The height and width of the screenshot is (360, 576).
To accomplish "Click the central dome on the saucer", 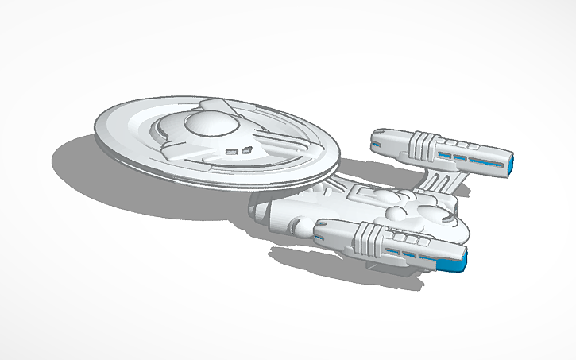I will tap(205, 123).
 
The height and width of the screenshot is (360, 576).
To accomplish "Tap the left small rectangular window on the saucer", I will tap(233, 149).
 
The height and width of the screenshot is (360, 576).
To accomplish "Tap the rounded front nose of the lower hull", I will tap(258, 211).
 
